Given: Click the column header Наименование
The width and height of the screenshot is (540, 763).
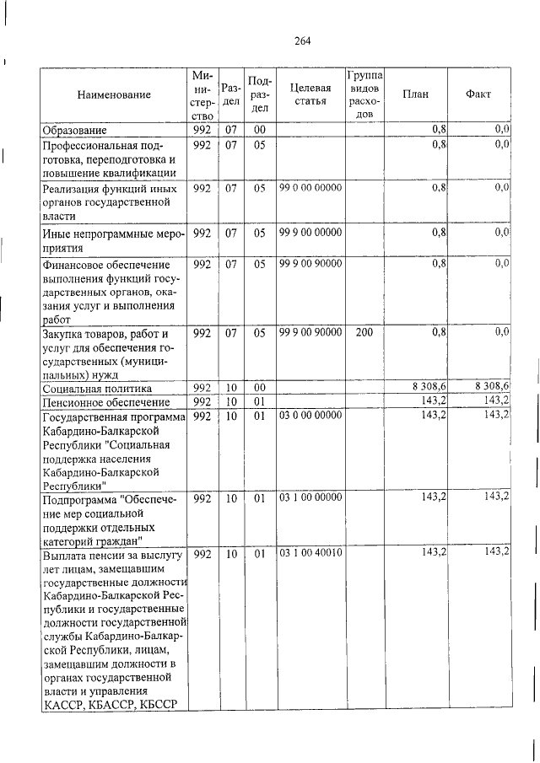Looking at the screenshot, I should (x=113, y=94).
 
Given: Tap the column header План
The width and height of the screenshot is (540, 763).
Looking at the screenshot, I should (x=415, y=94).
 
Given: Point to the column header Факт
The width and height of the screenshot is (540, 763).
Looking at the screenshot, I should (x=478, y=94).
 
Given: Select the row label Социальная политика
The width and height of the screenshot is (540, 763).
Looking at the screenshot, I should (x=98, y=388).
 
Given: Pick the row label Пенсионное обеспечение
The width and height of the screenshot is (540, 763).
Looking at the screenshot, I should (x=100, y=401).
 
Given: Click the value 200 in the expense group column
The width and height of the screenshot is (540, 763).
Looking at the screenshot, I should (x=364, y=333).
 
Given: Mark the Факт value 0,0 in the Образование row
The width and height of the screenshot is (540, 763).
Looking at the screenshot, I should (x=502, y=129).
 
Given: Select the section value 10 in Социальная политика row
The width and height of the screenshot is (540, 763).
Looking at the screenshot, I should (x=230, y=388).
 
